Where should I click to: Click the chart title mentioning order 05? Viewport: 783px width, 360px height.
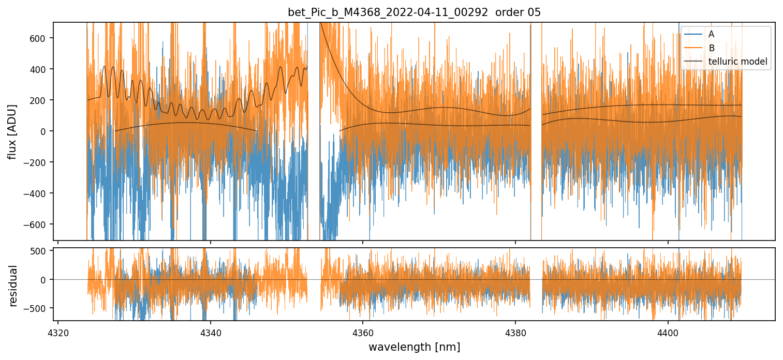(x=414, y=12)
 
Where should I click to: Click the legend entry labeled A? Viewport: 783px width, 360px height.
(x=712, y=34)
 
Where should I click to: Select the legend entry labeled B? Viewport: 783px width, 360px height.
(x=712, y=48)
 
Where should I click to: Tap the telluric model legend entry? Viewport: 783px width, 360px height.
(x=737, y=62)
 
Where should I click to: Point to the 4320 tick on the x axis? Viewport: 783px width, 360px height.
(x=58, y=331)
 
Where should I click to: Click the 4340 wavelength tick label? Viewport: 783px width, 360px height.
(x=211, y=331)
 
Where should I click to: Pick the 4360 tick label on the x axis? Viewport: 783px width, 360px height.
(x=363, y=331)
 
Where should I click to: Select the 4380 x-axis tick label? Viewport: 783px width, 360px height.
(x=515, y=331)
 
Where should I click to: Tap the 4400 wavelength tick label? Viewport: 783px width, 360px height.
(x=668, y=331)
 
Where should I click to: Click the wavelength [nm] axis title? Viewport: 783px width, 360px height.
(x=414, y=346)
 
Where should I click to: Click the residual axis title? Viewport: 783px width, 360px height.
(x=13, y=286)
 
